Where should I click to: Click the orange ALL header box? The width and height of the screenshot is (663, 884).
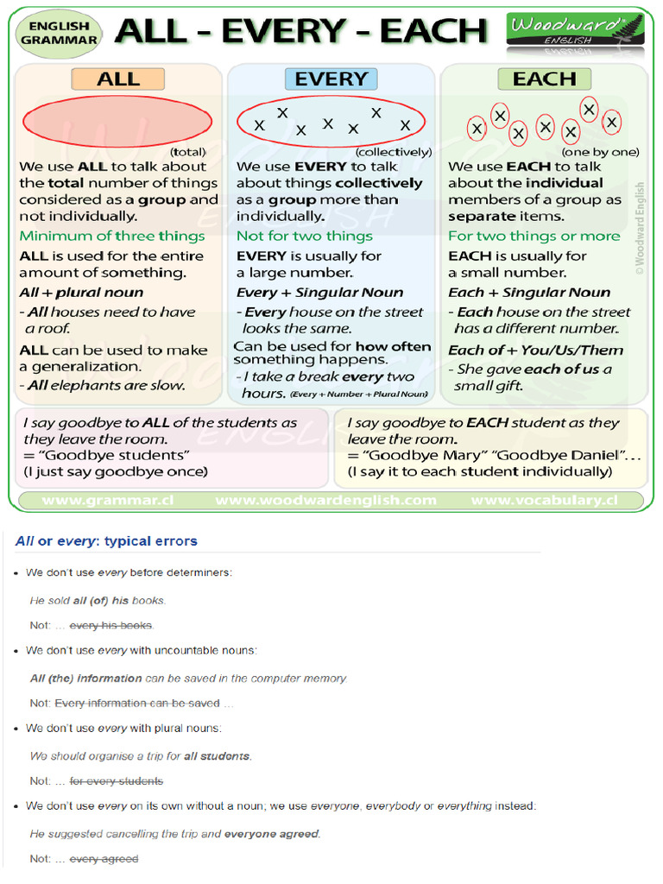click(x=118, y=79)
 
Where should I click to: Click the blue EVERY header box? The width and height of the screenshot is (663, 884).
click(x=331, y=79)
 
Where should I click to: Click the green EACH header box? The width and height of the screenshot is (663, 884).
click(x=544, y=79)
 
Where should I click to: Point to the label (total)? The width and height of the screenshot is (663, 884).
click(x=188, y=152)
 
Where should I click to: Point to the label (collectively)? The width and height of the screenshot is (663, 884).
click(x=394, y=152)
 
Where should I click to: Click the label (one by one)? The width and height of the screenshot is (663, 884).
click(x=601, y=152)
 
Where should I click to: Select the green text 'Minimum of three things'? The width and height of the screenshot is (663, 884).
click(x=112, y=236)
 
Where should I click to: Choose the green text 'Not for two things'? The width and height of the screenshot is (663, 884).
click(x=305, y=236)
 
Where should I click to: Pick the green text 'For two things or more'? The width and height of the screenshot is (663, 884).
click(x=534, y=236)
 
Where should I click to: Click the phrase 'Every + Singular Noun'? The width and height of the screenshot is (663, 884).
click(x=320, y=293)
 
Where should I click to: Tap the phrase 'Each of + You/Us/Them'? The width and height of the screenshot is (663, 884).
click(x=535, y=350)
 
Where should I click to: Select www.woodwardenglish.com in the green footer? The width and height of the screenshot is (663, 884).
click(x=325, y=500)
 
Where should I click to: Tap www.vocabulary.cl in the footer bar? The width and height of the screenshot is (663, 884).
click(x=544, y=500)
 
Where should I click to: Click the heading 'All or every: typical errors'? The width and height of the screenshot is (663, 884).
click(x=106, y=541)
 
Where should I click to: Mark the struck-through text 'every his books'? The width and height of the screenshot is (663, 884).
click(x=110, y=625)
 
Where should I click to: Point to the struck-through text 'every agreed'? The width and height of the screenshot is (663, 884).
click(x=104, y=859)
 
